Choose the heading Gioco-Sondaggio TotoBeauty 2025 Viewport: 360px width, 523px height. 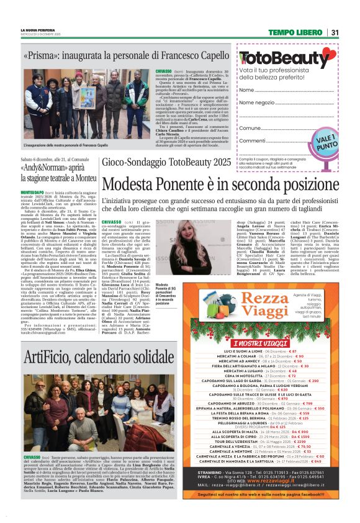tap(167, 163)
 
